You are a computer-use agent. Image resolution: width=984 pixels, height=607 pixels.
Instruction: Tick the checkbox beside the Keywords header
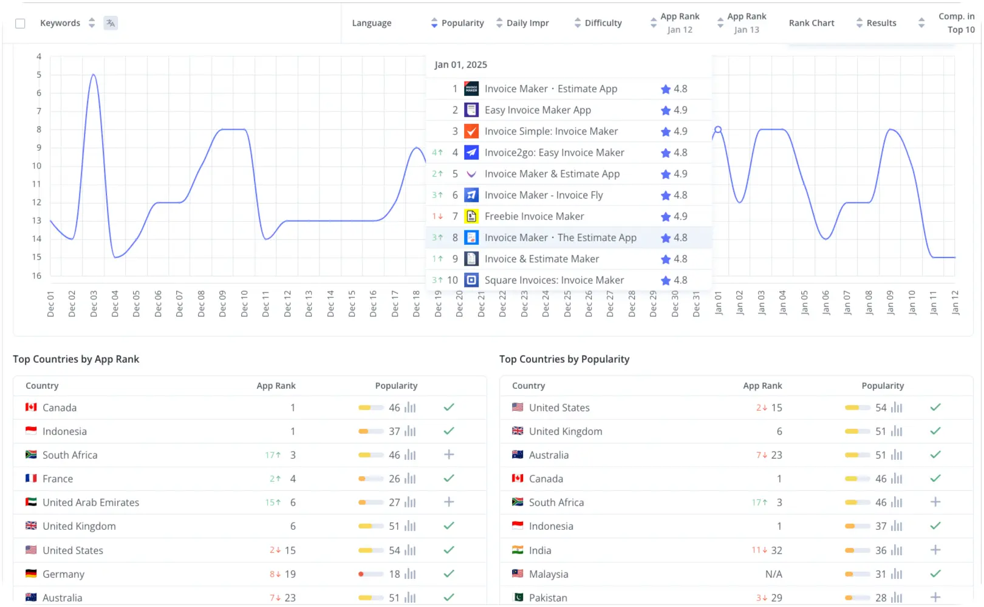click(20, 23)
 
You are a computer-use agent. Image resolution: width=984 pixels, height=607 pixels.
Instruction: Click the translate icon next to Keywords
click(111, 23)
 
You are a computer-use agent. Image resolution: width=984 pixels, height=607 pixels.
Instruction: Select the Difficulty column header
click(603, 23)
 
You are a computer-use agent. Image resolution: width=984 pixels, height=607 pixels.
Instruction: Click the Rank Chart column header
click(811, 23)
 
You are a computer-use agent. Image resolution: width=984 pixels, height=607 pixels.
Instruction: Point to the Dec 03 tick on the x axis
click(94, 303)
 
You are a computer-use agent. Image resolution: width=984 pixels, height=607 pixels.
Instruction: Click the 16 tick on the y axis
click(37, 276)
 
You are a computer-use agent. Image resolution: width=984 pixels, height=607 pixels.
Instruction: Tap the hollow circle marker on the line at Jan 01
click(718, 129)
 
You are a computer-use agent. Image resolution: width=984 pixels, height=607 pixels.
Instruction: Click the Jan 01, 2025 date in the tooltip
click(461, 64)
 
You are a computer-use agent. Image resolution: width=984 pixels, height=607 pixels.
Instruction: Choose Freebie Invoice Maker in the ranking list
click(534, 216)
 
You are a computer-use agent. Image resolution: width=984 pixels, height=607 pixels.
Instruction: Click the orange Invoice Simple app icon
click(471, 131)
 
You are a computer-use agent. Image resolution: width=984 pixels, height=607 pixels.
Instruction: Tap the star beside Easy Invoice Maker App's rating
click(666, 111)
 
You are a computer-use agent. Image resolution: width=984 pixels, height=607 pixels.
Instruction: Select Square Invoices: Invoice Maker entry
click(554, 280)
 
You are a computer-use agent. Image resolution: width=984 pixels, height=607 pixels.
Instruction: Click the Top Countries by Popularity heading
click(564, 359)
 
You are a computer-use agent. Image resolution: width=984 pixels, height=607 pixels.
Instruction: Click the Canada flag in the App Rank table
click(31, 407)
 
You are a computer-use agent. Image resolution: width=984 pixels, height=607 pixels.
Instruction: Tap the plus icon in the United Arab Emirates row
click(449, 502)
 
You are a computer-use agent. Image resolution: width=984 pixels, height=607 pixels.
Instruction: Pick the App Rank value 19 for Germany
click(290, 574)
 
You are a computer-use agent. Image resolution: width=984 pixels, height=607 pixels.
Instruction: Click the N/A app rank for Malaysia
click(773, 574)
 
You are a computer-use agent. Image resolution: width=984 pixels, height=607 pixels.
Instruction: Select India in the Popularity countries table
click(540, 550)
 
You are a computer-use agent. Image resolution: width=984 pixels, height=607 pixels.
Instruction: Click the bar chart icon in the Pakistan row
click(897, 598)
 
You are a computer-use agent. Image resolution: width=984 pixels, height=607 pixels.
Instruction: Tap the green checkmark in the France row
click(449, 478)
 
